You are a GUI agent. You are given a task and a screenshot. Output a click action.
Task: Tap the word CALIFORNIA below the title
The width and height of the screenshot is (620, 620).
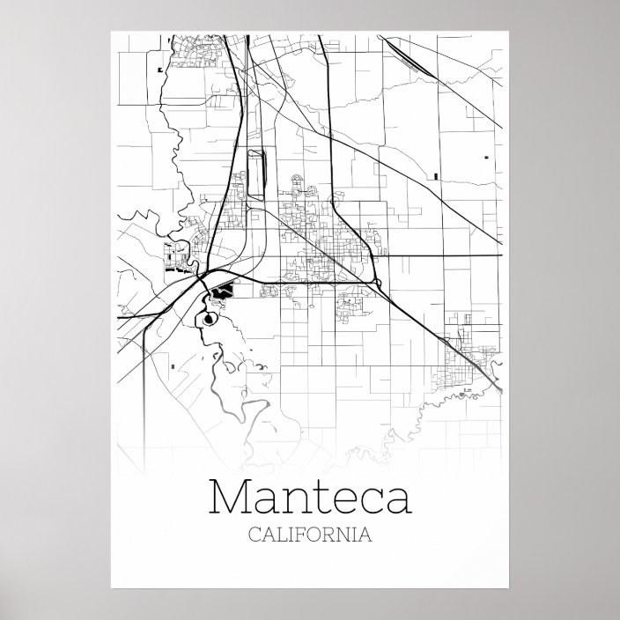click(310, 535)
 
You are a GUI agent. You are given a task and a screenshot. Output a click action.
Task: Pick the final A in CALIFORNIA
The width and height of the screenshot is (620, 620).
click(364, 535)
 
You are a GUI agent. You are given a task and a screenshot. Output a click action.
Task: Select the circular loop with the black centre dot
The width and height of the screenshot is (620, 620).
click(208, 320)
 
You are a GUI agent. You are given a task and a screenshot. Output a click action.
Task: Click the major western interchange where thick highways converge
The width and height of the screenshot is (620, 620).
click(203, 277)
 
